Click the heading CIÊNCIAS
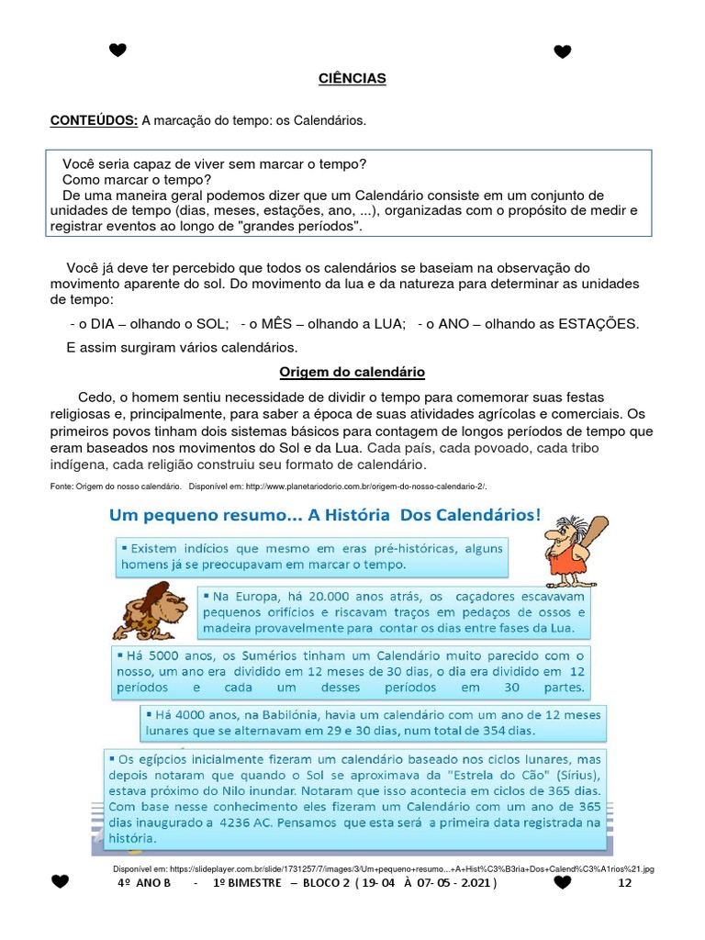pyautogui.click(x=352, y=79)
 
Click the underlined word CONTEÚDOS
pyautogui.click(x=94, y=120)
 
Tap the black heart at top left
pyautogui.click(x=117, y=50)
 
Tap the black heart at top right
pyautogui.click(x=563, y=51)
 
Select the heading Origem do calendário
pyautogui.click(x=352, y=373)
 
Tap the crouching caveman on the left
pyautogui.click(x=150, y=611)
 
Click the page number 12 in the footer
pyautogui.click(x=626, y=882)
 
